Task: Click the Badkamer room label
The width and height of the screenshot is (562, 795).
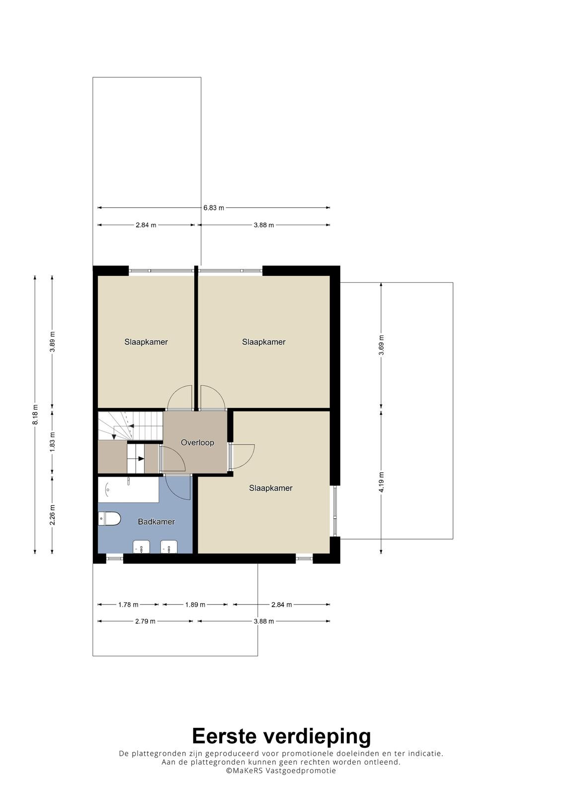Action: (156, 521)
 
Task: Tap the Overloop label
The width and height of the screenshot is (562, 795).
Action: (197, 442)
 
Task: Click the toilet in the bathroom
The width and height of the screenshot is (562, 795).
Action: (109, 519)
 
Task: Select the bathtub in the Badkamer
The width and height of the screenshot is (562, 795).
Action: (128, 490)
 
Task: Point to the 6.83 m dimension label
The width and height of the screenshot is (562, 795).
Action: (214, 208)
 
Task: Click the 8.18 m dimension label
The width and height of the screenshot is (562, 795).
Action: (35, 414)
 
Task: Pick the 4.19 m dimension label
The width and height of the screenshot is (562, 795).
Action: (381, 481)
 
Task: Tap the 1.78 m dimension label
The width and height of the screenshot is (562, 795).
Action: (128, 604)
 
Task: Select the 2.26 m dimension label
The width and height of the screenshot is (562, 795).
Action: (52, 515)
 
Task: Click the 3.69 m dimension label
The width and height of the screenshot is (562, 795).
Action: (381, 345)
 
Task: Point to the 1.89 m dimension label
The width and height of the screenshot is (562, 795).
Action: (195, 604)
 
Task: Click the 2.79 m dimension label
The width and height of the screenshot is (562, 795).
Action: (145, 621)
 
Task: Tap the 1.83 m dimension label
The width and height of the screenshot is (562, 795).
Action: (52, 442)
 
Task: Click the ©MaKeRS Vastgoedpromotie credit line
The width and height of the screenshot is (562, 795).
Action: (281, 770)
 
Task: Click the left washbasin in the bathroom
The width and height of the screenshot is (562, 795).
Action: (141, 547)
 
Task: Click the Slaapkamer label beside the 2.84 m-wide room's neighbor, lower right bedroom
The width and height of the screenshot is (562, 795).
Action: (270, 488)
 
